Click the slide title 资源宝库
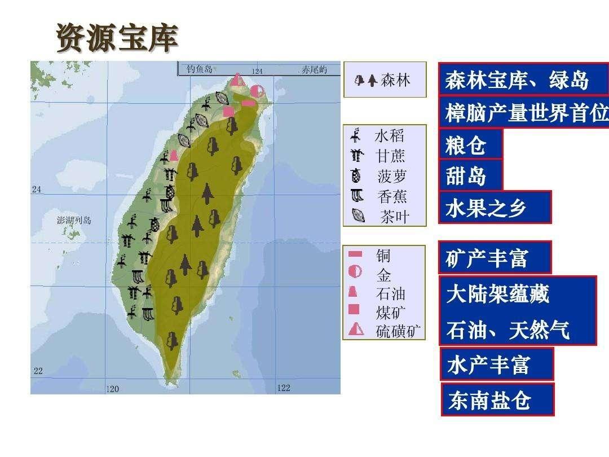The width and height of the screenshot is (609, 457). (x=117, y=38)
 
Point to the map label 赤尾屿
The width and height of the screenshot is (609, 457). (x=314, y=70)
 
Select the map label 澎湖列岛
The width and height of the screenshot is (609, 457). (x=74, y=220)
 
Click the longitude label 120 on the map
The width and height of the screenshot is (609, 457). (x=113, y=389)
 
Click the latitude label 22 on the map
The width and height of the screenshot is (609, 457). (x=38, y=371)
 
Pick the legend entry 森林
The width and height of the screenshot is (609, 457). (x=395, y=80)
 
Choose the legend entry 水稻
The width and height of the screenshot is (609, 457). (x=389, y=136)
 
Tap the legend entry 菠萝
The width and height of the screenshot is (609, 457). (x=391, y=176)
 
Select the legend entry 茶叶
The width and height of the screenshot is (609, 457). (x=394, y=217)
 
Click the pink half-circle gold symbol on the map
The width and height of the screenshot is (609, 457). (x=257, y=91)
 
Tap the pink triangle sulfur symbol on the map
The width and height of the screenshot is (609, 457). (x=238, y=80)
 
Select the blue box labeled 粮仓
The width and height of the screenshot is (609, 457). (x=470, y=145)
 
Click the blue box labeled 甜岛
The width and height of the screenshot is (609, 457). (x=470, y=175)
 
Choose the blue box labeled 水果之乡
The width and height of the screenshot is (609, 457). (x=494, y=207)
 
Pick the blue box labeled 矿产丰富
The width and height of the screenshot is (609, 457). (x=494, y=258)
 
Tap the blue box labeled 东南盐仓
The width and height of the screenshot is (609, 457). (x=497, y=400)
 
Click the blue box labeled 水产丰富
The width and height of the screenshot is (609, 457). (x=496, y=364)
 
